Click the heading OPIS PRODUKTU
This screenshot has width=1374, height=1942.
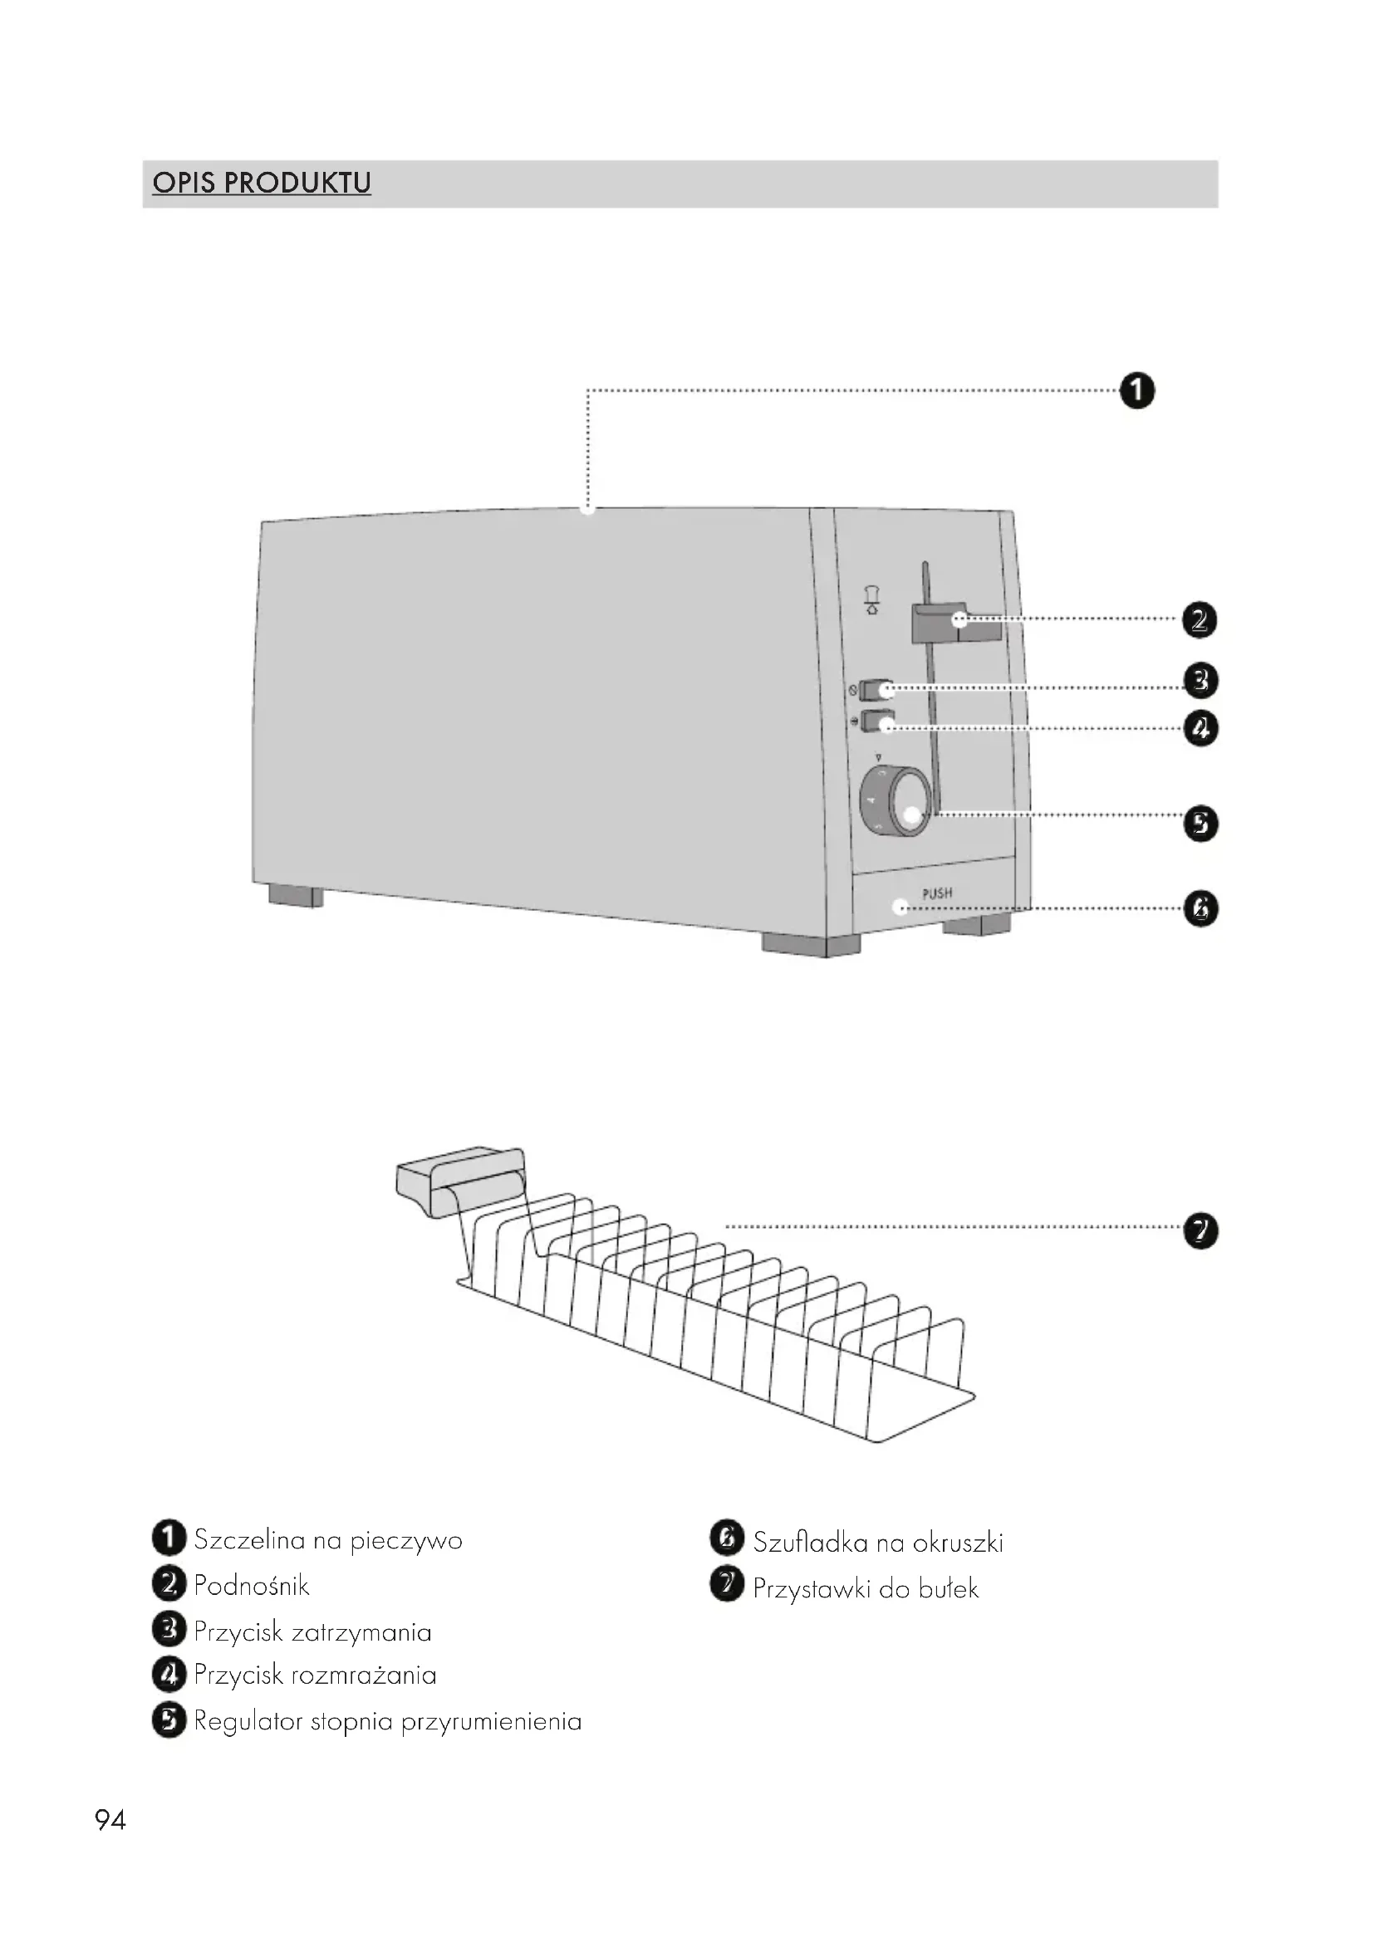(262, 183)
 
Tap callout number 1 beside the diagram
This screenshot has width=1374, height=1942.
(1136, 392)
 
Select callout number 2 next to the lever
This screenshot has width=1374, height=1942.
(1199, 621)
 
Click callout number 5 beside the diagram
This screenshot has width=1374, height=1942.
(1200, 824)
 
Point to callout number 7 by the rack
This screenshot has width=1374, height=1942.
(1200, 1230)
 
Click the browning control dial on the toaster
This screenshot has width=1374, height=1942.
(896, 801)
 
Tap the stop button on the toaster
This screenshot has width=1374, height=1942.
(877, 690)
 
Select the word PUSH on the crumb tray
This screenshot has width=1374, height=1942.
(936, 893)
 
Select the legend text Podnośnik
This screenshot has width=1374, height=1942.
(251, 1586)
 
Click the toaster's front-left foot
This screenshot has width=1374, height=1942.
(296, 896)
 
